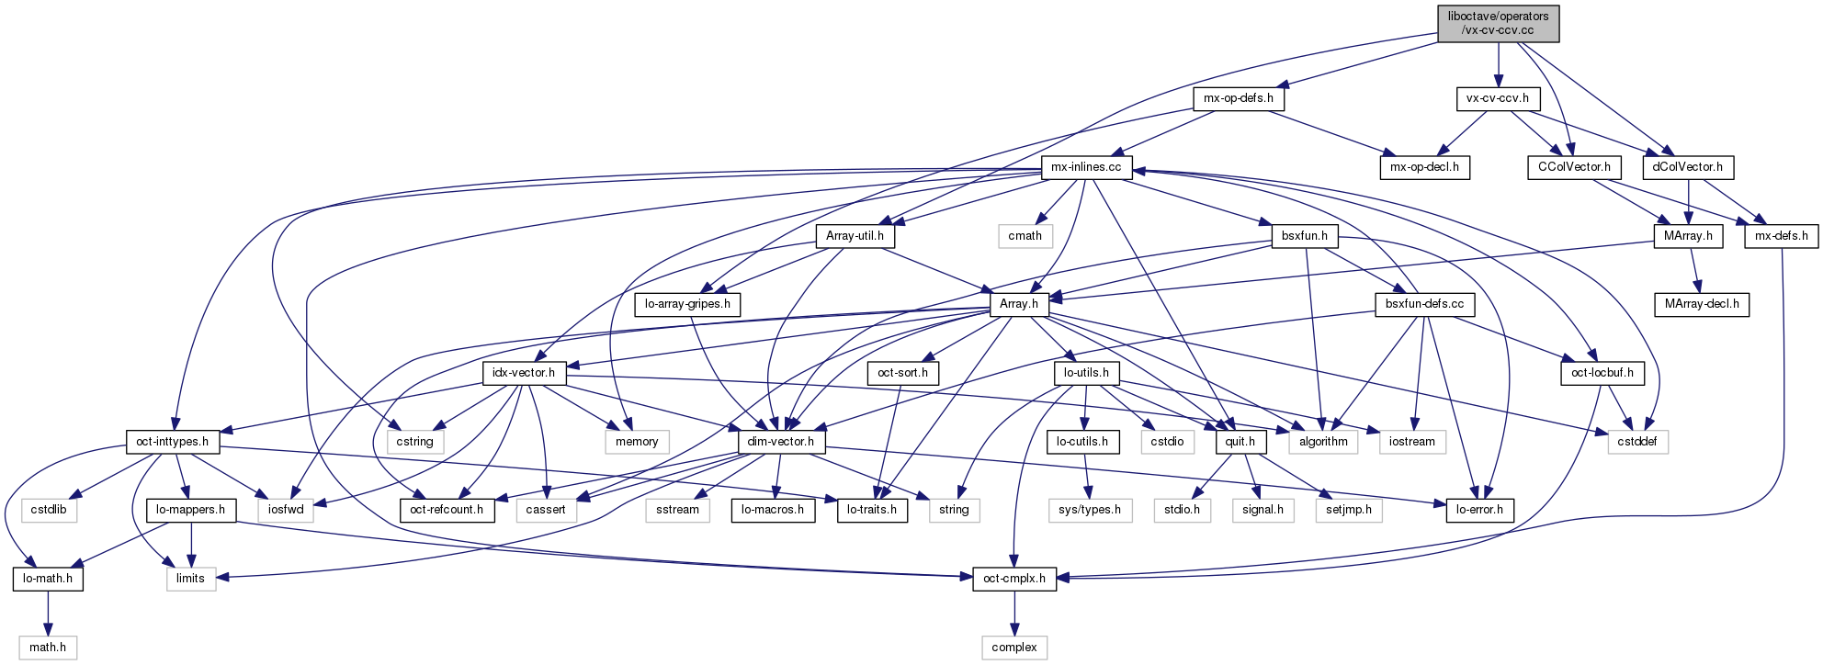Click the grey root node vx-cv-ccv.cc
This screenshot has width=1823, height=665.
1498,23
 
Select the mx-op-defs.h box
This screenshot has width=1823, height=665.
1239,98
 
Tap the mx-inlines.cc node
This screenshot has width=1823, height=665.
1086,167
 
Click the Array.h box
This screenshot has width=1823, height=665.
1019,304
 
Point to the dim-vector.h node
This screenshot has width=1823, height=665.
781,442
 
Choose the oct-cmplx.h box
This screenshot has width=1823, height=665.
1014,579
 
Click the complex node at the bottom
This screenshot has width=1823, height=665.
1014,648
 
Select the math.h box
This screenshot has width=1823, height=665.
48,648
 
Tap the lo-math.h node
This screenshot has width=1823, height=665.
48,579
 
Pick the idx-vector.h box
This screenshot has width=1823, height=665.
524,373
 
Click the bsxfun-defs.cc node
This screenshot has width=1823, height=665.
1425,304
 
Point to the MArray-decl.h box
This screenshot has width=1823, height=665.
1702,304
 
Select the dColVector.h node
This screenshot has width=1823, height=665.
1688,167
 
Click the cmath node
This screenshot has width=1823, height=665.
1025,236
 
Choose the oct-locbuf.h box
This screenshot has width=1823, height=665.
1602,373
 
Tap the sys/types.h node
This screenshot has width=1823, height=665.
1090,510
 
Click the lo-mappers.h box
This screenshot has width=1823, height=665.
190,510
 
